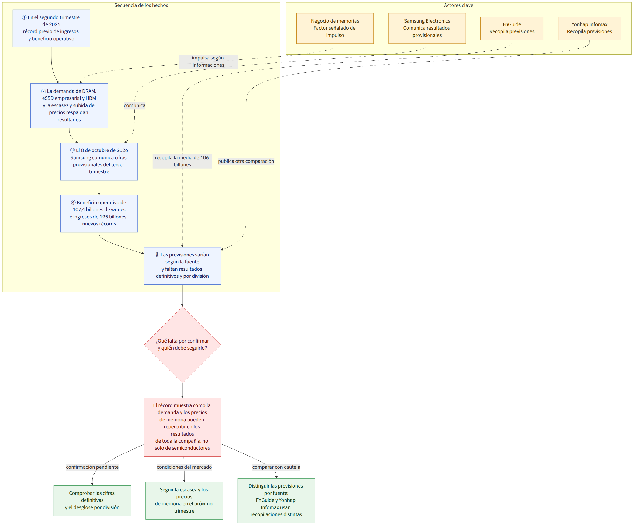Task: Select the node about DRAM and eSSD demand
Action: [69, 106]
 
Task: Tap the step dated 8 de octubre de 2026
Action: [99, 161]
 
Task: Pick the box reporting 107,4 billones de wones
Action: [99, 214]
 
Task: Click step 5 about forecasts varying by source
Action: [182, 266]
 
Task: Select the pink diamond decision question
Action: [182, 345]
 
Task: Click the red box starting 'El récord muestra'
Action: [182, 427]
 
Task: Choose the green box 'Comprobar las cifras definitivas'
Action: [92, 500]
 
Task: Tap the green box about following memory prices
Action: [184, 500]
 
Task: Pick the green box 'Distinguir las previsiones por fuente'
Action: [276, 500]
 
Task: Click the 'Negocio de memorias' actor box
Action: [335, 28]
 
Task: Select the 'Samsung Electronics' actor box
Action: [427, 28]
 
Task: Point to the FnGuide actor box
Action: [512, 28]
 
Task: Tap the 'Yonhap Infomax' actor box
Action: [590, 28]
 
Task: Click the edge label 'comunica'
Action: [135, 105]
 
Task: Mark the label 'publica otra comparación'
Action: [246, 161]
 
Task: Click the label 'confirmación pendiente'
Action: [92, 467]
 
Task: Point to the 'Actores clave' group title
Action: [459, 5]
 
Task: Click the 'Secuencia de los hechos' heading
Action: [141, 5]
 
